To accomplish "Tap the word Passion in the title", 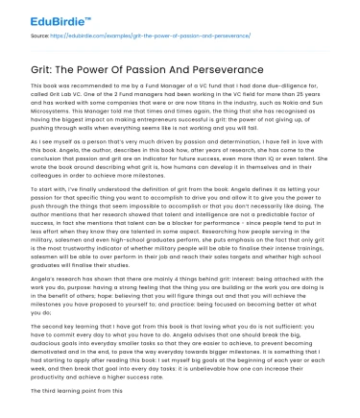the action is [144, 70].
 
